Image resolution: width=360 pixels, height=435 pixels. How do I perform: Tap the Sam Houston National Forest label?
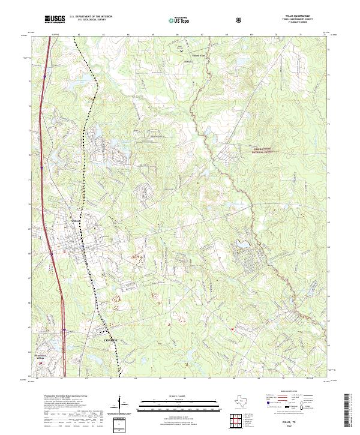tap(259, 151)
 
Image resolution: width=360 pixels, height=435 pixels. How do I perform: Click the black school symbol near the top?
tap(182, 51)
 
